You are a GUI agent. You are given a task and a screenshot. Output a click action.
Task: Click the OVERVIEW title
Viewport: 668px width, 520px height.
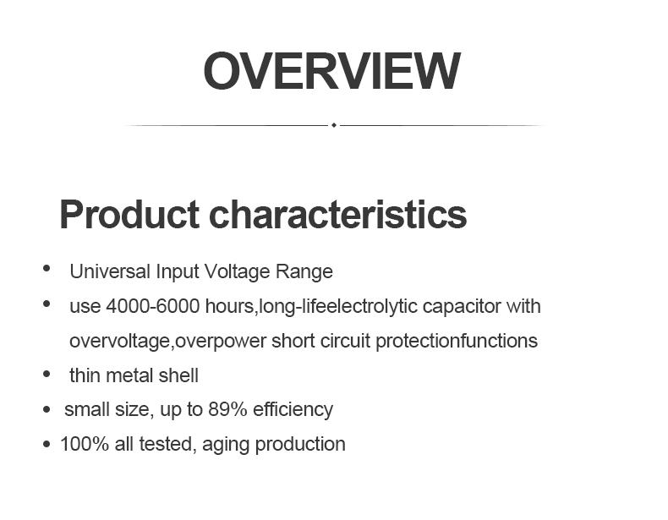tap(331, 71)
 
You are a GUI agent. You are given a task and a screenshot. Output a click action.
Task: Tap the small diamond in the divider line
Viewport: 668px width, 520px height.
tap(334, 125)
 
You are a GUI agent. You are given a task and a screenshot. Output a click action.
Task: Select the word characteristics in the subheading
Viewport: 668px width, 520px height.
tap(338, 214)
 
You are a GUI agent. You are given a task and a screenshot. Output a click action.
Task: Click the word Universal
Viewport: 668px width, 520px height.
tap(110, 271)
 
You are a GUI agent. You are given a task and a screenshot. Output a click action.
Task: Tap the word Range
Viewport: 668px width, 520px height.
tap(304, 272)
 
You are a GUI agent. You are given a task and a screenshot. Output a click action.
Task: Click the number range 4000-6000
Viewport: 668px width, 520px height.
tap(153, 306)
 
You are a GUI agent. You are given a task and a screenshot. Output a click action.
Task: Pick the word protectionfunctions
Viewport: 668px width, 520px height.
tap(457, 341)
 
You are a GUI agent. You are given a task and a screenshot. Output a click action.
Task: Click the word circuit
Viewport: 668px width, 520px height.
tap(345, 341)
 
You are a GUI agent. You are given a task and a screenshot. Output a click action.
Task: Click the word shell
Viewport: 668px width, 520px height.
tap(178, 375)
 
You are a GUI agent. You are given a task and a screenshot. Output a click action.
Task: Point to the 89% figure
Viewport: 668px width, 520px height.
tap(227, 409)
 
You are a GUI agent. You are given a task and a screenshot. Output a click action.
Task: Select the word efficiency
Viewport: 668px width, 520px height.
tap(293, 410)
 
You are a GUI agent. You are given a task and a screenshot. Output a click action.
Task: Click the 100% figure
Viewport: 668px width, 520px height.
tap(85, 444)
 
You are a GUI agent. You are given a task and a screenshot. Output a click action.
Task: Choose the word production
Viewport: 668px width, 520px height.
tap(300, 445)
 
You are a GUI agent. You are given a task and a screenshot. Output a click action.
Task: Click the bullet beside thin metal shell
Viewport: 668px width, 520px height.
tap(47, 375)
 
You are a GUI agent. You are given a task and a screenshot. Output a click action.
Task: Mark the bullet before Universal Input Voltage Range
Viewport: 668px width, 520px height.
tap(47, 268)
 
